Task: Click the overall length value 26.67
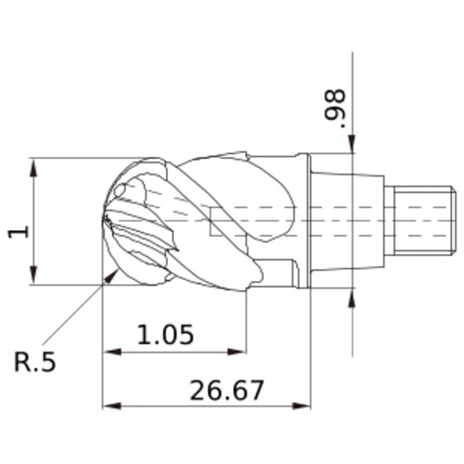click(x=226, y=390)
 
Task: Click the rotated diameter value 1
click(x=18, y=228)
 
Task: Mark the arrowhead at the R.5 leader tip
click(x=114, y=274)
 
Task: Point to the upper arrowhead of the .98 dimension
click(x=353, y=145)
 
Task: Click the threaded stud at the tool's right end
click(x=422, y=220)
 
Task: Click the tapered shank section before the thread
click(x=367, y=220)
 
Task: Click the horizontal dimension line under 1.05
click(x=176, y=353)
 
